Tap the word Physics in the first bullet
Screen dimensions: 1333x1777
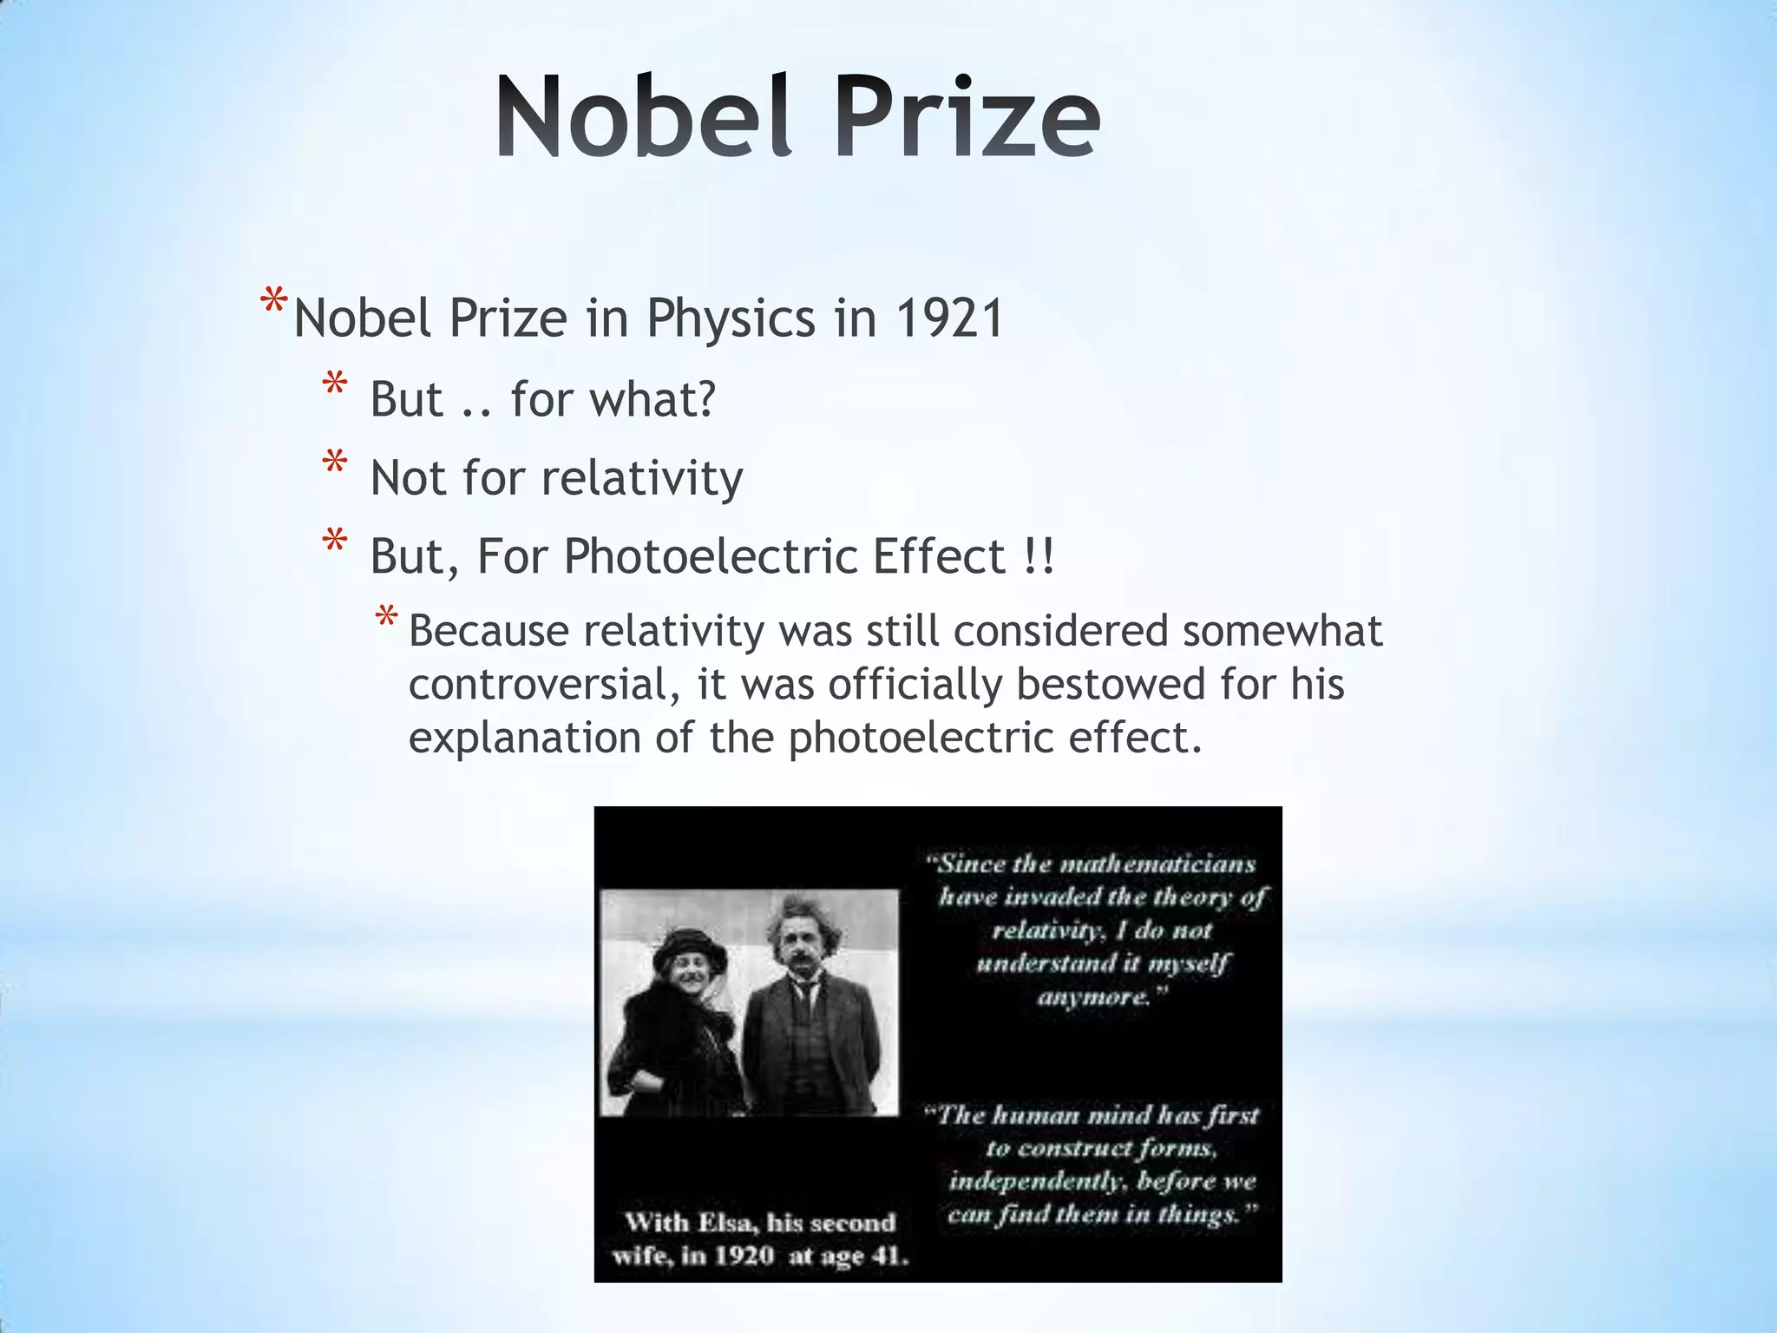[x=731, y=318]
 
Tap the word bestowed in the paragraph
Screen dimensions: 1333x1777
[x=1110, y=685]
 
